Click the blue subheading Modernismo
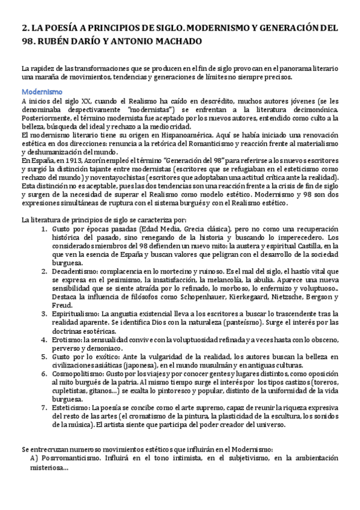click(42, 92)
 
